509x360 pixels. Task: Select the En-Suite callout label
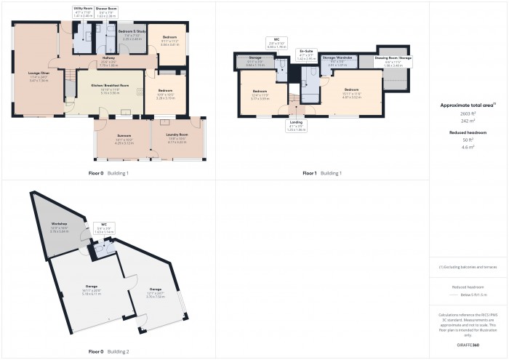point(306,53)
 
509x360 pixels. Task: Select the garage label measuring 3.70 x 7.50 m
point(156,273)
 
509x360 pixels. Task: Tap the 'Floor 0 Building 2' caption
point(108,351)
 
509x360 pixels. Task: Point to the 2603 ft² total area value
point(468,115)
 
